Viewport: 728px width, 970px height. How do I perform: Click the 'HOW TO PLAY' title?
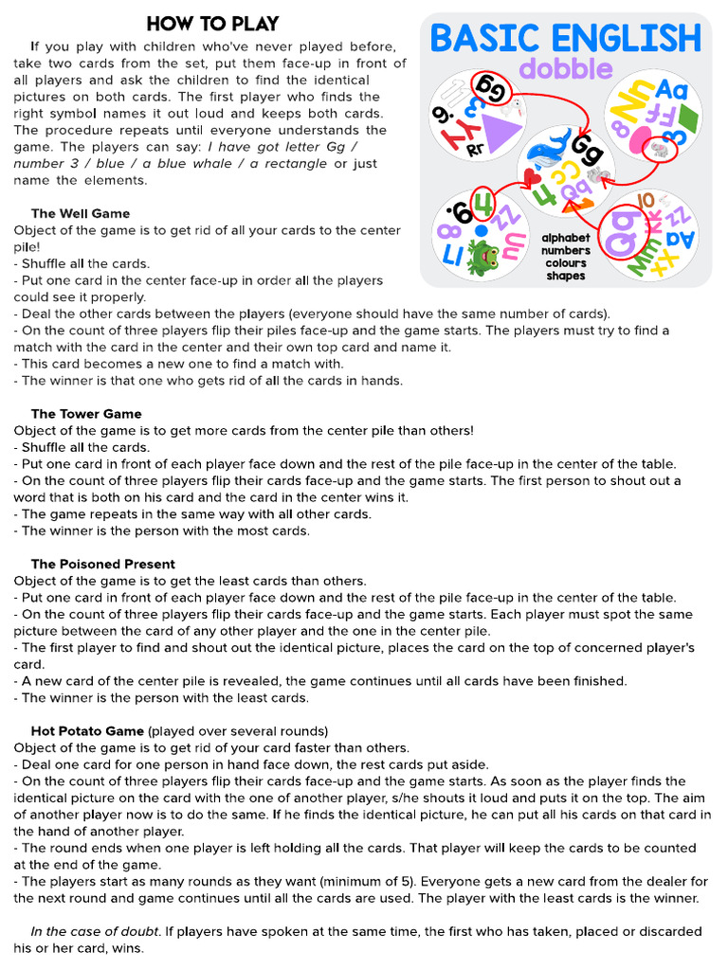(x=212, y=24)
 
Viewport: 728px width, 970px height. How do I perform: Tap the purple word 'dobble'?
(x=566, y=68)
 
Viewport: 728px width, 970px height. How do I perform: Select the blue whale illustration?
(x=548, y=152)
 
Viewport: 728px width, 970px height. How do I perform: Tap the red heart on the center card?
(x=534, y=177)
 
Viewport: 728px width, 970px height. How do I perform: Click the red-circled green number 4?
(x=483, y=205)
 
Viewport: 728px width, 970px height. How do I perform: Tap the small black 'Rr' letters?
(x=475, y=149)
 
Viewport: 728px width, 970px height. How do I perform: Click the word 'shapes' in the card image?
(x=566, y=276)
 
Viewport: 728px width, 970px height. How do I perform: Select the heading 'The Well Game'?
(x=81, y=213)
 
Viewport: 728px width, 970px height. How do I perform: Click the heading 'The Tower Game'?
(x=86, y=414)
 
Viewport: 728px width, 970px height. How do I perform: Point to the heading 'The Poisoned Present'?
(x=102, y=565)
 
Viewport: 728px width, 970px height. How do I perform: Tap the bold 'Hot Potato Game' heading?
(x=87, y=731)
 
